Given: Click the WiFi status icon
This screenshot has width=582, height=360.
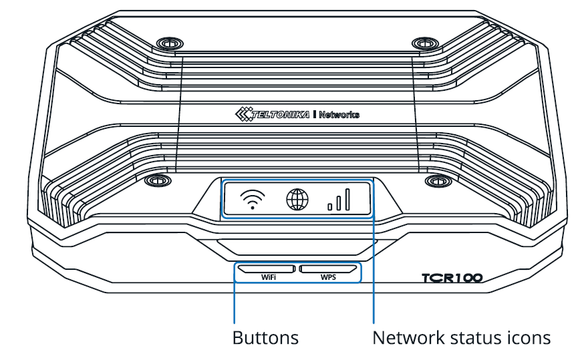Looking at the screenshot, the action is tap(253, 200).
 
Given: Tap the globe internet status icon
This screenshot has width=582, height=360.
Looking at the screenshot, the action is tap(297, 200).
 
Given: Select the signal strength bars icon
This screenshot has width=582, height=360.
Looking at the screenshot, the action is tap(339, 200).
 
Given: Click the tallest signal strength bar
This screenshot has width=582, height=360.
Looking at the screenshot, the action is tap(347, 200).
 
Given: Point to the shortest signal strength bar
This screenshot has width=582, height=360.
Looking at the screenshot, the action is tap(329, 207).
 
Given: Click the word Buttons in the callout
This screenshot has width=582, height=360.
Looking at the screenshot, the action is tap(265, 338).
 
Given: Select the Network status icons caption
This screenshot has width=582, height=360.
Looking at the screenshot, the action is tap(461, 338).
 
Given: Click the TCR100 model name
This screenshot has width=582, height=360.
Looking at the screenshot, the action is tap(452, 278).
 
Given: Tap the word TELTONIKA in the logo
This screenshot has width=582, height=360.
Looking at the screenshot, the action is tap(281, 114).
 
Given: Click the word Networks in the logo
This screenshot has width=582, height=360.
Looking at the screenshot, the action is tap(339, 115).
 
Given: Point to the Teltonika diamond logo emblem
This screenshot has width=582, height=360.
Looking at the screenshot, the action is tap(243, 114).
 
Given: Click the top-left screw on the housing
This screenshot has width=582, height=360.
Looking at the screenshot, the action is tap(170, 44).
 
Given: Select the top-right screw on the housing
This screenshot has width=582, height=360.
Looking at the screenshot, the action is tap(426, 43).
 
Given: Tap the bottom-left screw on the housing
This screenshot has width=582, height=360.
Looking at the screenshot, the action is tap(158, 181).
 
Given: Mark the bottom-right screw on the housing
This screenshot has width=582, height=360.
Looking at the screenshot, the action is tap(438, 181).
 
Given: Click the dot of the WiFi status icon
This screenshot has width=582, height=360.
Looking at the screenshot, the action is tap(253, 208).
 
